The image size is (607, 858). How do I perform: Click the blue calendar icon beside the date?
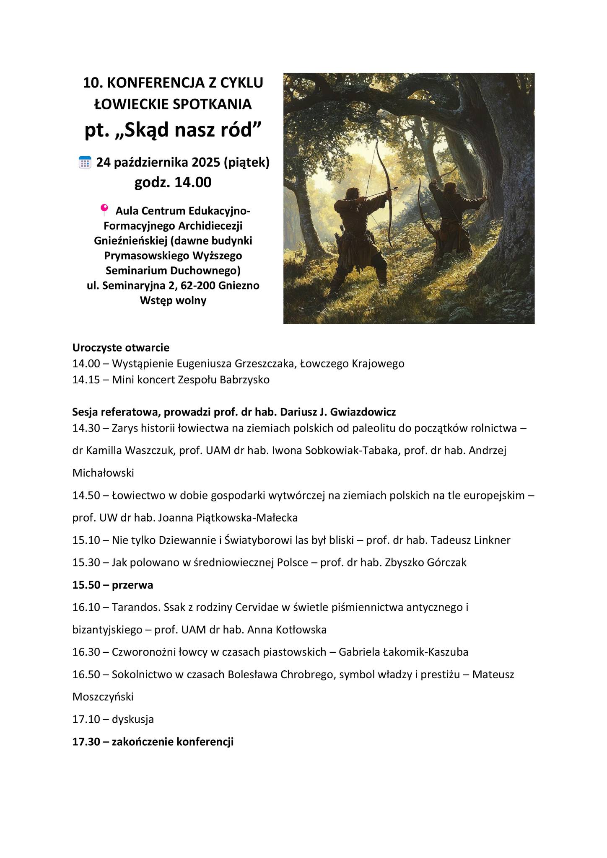[85, 162]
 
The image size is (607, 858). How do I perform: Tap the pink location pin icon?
[104, 209]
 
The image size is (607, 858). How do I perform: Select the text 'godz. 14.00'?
[173, 183]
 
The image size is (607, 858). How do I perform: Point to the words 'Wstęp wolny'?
[173, 300]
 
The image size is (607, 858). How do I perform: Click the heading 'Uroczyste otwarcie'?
[121, 347]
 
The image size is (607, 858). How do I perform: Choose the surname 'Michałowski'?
[103, 473]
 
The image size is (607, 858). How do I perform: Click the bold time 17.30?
[86, 742]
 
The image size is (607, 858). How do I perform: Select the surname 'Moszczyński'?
[103, 697]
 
